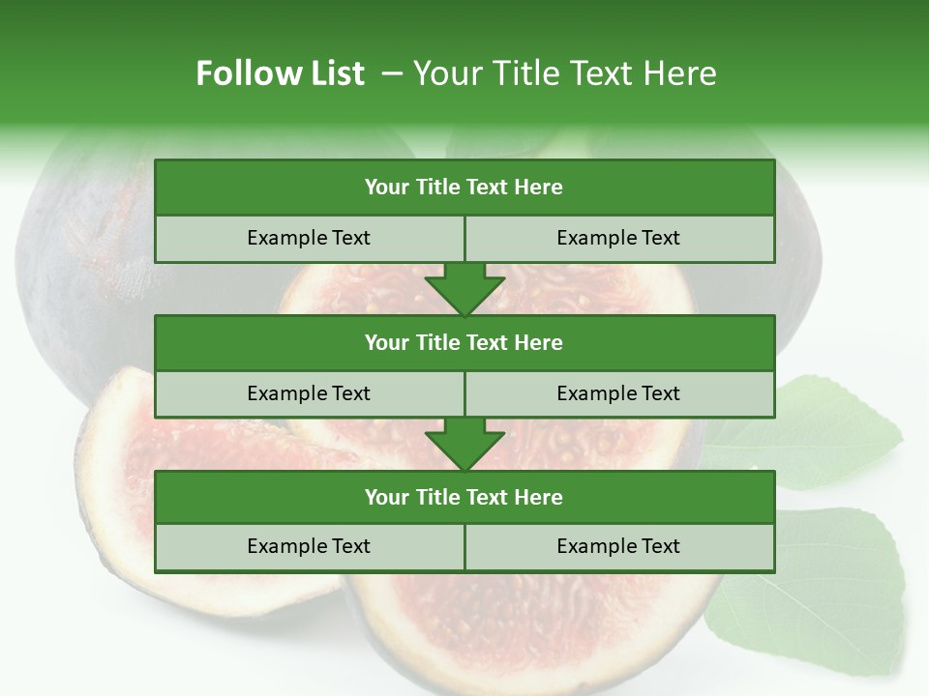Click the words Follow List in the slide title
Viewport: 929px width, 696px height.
coord(280,73)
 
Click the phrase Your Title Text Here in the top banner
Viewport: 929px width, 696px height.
coord(564,73)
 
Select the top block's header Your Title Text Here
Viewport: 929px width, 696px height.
coord(464,188)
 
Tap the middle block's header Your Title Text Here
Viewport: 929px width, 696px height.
coord(464,342)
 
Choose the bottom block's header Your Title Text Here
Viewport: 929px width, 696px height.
coord(464,497)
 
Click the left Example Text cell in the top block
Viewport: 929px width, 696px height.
coord(309,238)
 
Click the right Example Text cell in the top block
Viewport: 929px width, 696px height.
coord(618,238)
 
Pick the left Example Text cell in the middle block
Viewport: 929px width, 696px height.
coord(309,393)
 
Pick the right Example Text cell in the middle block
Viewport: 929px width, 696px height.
coord(618,393)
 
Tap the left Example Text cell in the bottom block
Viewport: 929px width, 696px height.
coord(309,546)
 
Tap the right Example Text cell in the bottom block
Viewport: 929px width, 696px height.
coord(618,546)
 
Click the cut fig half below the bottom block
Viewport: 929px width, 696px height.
coord(542,628)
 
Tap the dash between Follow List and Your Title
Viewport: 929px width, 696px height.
coord(392,73)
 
